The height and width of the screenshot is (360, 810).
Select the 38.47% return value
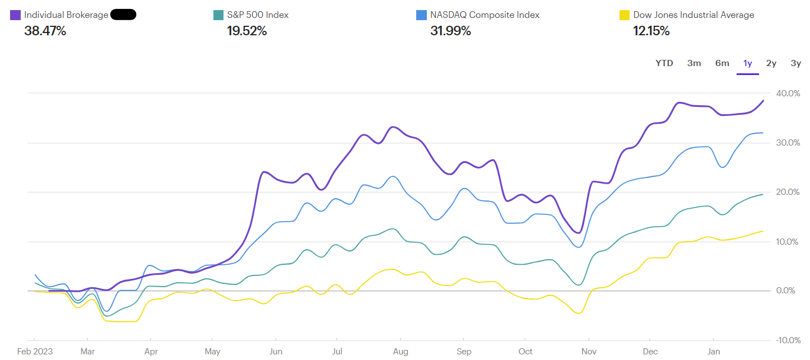coord(45,31)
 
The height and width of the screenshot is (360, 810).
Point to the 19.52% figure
coord(246,31)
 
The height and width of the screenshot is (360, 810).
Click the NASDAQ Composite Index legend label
coord(485,15)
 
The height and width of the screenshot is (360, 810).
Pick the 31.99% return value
coord(450,31)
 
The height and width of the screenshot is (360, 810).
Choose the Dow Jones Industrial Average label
coord(693,15)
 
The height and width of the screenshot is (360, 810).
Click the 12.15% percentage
coord(651,31)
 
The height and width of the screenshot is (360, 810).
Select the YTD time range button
coord(664,63)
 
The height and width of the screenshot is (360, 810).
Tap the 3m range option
coord(694,63)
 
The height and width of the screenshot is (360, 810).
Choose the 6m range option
coord(722,63)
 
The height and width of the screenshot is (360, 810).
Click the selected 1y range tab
coord(748,63)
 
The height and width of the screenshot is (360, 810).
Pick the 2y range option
coord(771,63)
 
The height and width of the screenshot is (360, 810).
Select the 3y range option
coord(795,63)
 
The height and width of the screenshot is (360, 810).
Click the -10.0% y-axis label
coord(788,340)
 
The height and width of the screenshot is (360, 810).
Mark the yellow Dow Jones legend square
coord(624,15)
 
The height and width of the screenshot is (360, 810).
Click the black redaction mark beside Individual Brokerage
coord(123,15)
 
